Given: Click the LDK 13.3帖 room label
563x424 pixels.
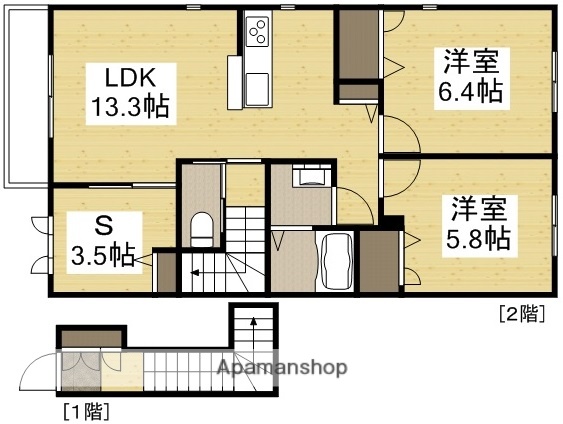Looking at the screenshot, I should point(129,91).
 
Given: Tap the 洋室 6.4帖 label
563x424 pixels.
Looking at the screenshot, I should point(471,76).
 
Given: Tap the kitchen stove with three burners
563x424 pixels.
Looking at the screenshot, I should point(258,32).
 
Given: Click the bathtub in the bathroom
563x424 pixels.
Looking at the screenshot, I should point(336,259).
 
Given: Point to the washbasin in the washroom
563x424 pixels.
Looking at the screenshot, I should point(310,178).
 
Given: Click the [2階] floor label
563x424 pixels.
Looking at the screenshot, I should point(521,313).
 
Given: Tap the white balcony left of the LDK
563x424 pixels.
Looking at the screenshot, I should point(24,100).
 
